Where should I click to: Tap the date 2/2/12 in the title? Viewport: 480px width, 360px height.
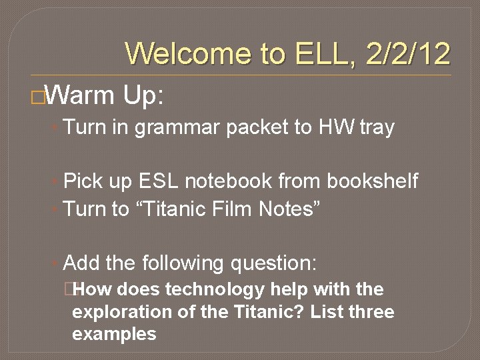pos(407,54)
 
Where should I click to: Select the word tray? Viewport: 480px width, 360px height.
pos(377,127)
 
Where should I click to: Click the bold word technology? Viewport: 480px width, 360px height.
pos(215,290)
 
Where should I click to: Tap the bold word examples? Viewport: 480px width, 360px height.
pos(114,335)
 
